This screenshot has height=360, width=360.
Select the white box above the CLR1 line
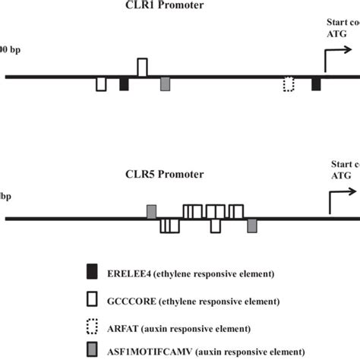[x=142, y=68]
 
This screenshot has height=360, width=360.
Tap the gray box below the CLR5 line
[x=252, y=226]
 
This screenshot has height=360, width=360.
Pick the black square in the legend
[x=93, y=271]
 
